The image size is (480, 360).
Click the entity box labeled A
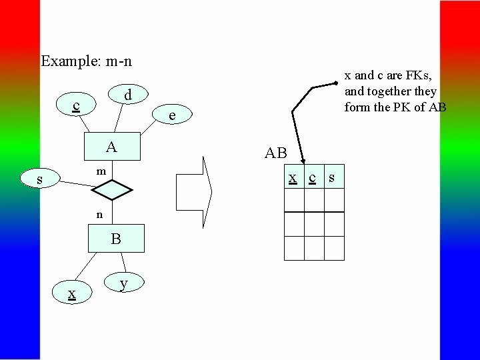tap(113, 147)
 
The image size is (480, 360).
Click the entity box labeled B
tap(116, 239)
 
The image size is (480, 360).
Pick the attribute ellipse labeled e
tap(172, 115)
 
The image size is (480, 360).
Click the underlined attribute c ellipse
tap(77, 106)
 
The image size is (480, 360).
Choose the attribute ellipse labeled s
tap(40, 179)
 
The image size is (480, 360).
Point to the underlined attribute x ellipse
tap(71, 293)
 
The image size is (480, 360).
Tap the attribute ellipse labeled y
tap(123, 283)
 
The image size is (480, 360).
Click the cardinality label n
tap(99, 215)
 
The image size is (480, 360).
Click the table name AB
tap(276, 153)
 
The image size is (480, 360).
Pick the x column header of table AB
tap(293, 177)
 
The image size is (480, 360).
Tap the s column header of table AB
tap(331, 177)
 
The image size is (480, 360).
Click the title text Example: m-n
tap(86, 61)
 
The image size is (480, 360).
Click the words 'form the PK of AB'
tap(395, 107)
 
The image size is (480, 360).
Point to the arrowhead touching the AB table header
tap(302, 159)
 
